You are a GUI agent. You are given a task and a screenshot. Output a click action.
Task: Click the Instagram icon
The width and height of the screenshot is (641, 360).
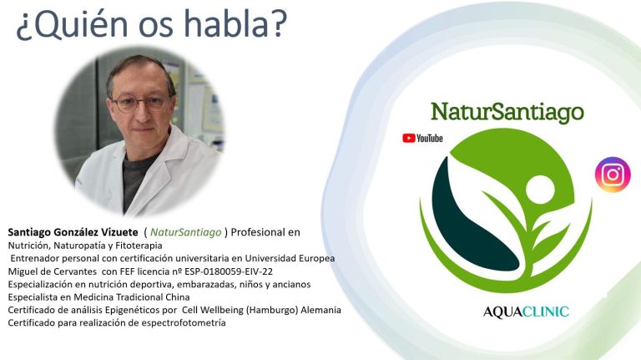pos(613,175)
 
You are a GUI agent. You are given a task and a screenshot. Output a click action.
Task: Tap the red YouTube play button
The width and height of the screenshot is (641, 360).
pos(408,139)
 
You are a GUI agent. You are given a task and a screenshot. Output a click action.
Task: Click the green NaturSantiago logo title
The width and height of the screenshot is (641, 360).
pos(507,112)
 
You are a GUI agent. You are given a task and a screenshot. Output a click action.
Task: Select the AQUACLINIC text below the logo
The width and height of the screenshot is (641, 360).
pos(526,312)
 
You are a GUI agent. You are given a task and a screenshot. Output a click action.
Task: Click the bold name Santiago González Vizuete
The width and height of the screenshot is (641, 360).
pos(73,232)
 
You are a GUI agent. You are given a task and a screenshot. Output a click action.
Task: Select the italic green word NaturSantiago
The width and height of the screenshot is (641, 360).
pos(185,232)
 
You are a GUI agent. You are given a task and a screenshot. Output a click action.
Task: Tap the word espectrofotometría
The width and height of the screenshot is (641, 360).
pos(184,322)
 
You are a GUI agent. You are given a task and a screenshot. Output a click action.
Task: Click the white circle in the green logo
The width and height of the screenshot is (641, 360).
pos(540,190)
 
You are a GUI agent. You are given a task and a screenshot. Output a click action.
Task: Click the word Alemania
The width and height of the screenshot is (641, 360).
pos(320,310)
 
